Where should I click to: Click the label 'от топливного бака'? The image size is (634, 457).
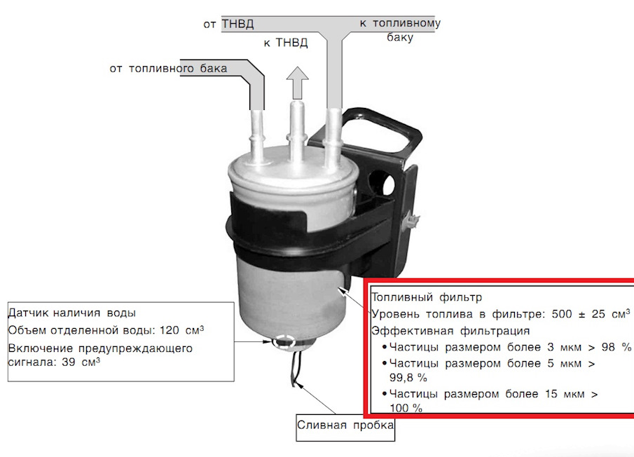pyautogui.click(x=168, y=69)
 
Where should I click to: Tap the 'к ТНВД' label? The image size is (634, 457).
pyautogui.click(x=285, y=43)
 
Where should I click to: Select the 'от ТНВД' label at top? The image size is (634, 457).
pyautogui.click(x=228, y=24)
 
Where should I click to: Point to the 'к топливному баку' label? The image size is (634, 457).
pyautogui.click(x=399, y=30)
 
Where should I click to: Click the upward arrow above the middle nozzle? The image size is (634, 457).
pyautogui.click(x=298, y=83)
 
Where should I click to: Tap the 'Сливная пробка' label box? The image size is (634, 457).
pyautogui.click(x=345, y=427)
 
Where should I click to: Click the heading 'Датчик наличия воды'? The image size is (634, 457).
pyautogui.click(x=72, y=313)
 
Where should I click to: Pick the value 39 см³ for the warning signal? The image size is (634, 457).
pyautogui.click(x=81, y=362)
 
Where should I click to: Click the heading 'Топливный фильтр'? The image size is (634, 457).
pyautogui.click(x=427, y=297)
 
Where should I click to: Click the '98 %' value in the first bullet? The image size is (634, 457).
pyautogui.click(x=616, y=346)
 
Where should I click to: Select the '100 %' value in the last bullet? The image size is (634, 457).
pyautogui.click(x=406, y=408)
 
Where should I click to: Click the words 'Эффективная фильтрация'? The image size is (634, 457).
pyautogui.click(x=450, y=331)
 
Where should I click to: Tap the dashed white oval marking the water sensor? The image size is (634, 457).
pyautogui.click(x=284, y=342)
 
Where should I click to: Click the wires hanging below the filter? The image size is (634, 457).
pyautogui.click(x=295, y=369)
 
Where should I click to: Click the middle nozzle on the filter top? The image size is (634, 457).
pyautogui.click(x=296, y=130)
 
